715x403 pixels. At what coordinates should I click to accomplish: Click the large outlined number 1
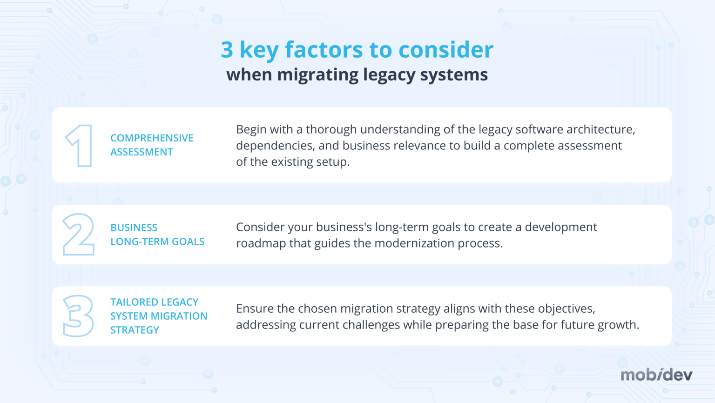[x=80, y=146]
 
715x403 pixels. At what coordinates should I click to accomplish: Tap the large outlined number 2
[x=79, y=235]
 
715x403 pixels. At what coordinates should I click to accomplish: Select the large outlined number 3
[x=78, y=316]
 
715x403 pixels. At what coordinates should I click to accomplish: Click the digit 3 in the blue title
[x=227, y=50]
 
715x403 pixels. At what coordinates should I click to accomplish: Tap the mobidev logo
[x=656, y=375]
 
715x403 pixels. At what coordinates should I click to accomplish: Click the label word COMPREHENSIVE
[x=152, y=138]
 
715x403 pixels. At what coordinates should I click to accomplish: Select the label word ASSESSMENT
[x=142, y=152]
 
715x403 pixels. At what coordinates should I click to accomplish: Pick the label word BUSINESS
[x=134, y=228]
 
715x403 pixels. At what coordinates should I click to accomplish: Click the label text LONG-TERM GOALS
[x=157, y=242]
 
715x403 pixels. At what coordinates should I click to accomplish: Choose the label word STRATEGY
[x=135, y=330]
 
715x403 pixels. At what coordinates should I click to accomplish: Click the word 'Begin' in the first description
[x=250, y=129]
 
